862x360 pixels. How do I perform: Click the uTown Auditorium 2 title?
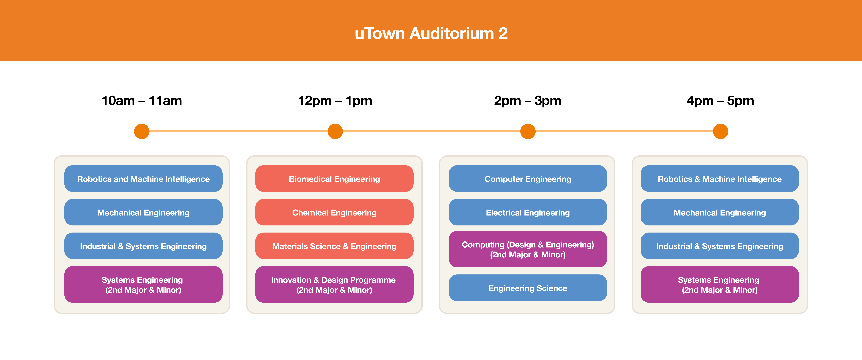click(431, 33)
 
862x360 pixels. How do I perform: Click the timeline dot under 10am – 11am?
click(142, 131)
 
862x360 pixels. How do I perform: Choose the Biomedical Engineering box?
click(334, 179)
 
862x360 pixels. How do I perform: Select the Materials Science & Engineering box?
click(334, 246)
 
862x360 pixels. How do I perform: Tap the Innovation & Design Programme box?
click(334, 284)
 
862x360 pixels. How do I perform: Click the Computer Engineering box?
click(528, 179)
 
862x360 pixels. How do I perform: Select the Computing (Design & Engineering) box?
click(528, 249)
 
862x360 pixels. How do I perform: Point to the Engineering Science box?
click(528, 288)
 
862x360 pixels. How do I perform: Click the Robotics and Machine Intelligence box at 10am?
click(143, 179)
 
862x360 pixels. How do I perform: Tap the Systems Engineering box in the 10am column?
click(143, 284)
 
